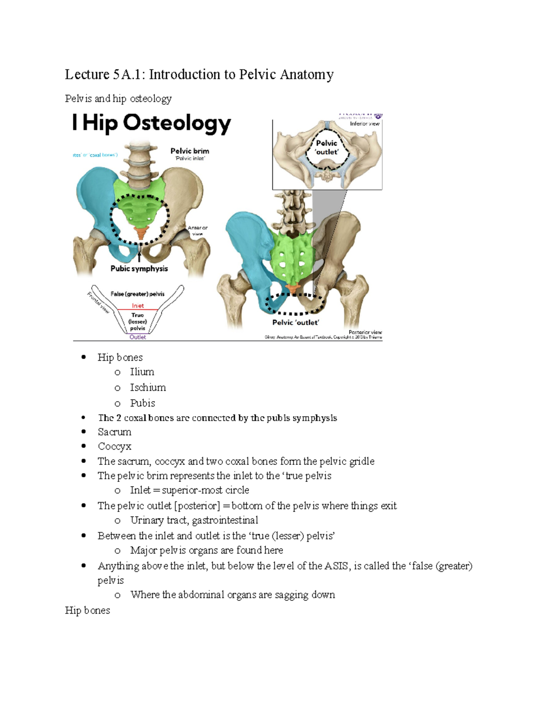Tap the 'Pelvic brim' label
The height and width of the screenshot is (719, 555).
tap(190, 151)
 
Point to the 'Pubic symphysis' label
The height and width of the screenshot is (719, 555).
tap(139, 269)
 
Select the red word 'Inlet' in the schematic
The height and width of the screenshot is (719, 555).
tap(138, 306)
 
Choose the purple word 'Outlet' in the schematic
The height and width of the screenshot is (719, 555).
tap(138, 337)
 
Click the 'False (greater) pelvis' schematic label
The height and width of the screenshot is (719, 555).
tap(137, 294)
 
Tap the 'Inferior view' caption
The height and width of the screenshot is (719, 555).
tap(364, 124)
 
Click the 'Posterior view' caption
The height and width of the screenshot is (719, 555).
tap(365, 332)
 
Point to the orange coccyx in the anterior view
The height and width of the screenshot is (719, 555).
tap(140, 233)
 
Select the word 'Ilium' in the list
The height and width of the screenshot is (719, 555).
tap(142, 372)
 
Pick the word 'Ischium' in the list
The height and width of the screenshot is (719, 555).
tap(148, 388)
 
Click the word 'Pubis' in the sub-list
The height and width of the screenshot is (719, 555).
tap(142, 403)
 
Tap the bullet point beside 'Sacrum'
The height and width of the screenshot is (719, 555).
tap(84, 432)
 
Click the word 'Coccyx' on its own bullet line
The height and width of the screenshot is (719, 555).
tap(114, 446)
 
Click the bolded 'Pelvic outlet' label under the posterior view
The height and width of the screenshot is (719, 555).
tap(296, 322)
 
